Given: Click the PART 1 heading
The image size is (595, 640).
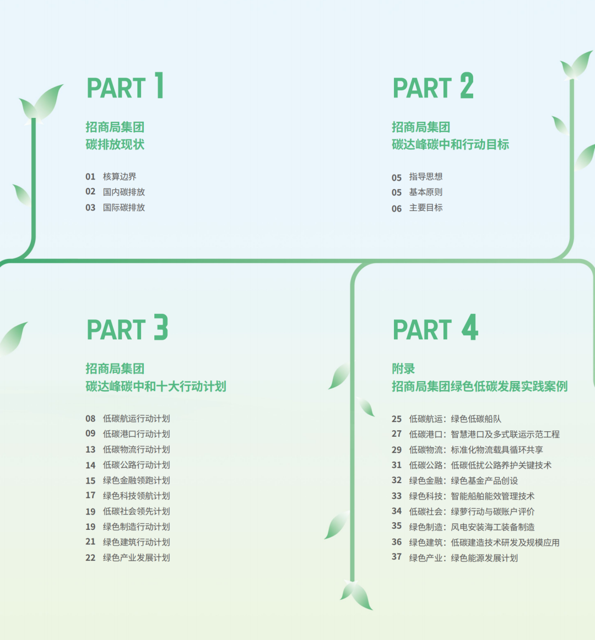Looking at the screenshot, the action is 126,86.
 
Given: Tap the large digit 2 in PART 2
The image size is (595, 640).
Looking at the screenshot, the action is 467,86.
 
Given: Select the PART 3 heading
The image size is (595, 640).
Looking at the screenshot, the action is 127,327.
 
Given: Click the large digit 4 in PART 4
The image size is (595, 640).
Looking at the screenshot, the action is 469,327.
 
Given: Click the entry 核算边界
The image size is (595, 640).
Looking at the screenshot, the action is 120,177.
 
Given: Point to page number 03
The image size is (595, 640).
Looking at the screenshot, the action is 90,208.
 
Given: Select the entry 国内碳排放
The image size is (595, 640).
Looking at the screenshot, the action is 124,192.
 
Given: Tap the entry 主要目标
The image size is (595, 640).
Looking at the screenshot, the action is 426,208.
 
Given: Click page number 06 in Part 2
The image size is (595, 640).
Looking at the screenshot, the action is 397,209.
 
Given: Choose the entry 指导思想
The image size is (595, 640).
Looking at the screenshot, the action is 426,177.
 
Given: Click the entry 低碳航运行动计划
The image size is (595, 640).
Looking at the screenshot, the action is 137,419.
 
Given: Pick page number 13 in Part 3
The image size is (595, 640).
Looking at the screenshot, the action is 90,450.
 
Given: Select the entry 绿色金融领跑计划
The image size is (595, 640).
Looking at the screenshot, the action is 137,480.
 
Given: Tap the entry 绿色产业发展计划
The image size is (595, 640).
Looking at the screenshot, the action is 137,557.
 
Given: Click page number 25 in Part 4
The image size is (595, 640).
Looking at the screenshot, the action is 397,419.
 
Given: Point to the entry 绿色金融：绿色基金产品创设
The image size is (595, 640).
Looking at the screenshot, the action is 463,481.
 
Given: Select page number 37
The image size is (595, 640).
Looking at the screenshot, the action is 397,557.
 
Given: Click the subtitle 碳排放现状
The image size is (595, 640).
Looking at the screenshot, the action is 115,144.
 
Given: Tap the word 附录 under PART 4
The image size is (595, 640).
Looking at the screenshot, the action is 403,368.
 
